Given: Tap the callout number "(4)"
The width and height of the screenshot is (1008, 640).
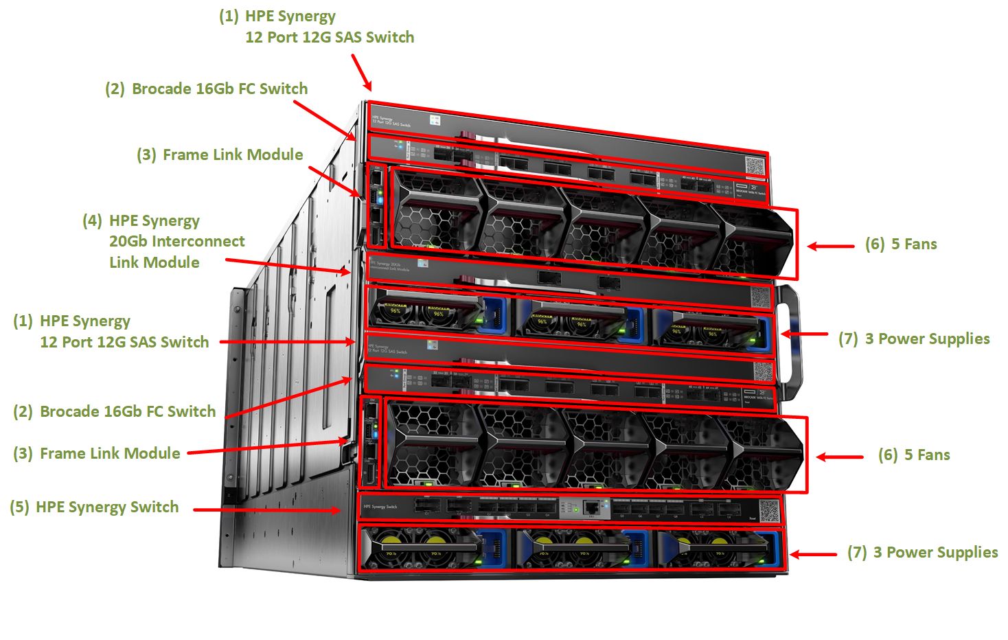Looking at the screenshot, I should [92, 221].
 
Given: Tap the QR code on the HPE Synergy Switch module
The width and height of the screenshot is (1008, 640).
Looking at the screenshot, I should [769, 510].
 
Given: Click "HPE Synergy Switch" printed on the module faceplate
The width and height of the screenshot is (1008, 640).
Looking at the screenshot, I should [380, 507].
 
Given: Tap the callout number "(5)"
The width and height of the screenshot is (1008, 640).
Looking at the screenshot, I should [19, 507].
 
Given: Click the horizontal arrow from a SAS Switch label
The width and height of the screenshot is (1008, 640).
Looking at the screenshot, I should [287, 341].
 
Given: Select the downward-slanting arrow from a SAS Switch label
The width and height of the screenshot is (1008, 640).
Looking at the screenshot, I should [362, 72].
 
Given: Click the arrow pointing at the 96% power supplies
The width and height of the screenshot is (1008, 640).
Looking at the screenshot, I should [804, 334].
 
